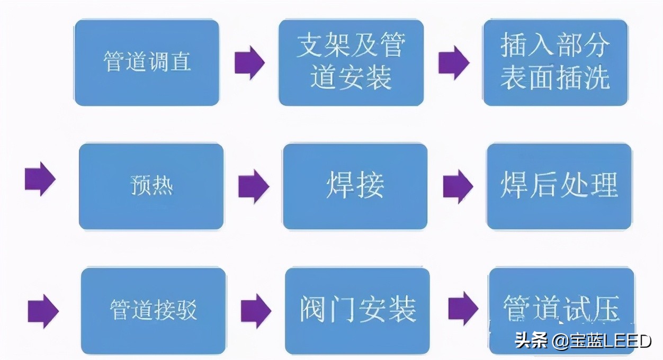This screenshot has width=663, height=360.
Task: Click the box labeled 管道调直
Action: coord(147,62)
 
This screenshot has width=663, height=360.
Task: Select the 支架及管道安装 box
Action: coord(351,62)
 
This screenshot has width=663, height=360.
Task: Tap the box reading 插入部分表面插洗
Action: coord(555,62)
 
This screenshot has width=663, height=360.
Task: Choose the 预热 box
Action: coord(151,186)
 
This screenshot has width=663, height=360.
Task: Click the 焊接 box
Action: coord(355,186)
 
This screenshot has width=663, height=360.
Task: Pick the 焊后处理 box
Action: coord(559,186)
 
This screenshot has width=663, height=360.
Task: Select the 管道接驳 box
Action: coord(153,310)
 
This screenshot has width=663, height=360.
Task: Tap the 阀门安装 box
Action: coord(357,310)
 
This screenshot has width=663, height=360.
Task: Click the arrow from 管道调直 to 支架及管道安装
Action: coord(249,62)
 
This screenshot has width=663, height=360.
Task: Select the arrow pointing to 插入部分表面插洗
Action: coord(454,62)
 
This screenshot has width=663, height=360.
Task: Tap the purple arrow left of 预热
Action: coord(40,179)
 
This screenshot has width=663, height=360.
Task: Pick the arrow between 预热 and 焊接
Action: coord(254,186)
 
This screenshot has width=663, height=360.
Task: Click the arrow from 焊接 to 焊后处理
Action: coord(458,186)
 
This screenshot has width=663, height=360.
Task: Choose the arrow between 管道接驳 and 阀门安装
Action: coord(256,310)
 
